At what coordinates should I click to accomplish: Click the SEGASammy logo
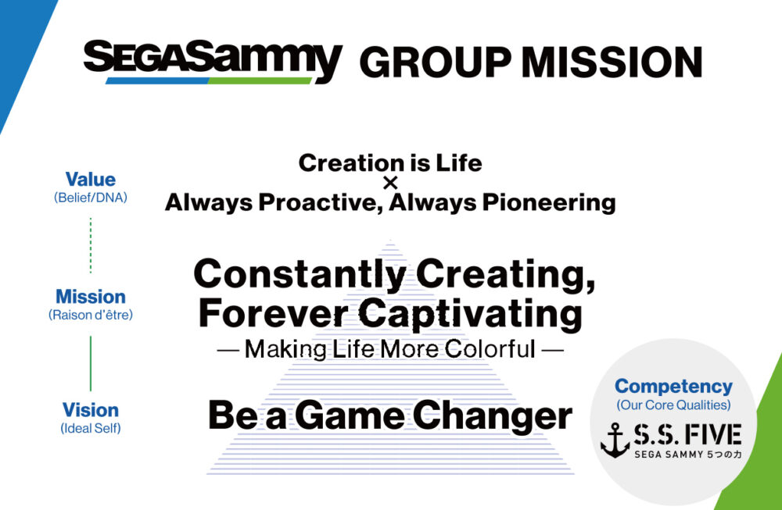point(213,62)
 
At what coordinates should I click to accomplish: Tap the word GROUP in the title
point(435,62)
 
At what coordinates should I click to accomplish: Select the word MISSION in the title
point(612,62)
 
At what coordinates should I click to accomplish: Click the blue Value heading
point(90,180)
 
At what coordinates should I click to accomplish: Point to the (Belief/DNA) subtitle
point(90,198)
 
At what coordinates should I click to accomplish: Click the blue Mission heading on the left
point(90,296)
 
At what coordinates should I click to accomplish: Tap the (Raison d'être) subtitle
point(90,315)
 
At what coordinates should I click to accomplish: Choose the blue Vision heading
point(90,410)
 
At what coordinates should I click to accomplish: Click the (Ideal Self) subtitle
point(90,428)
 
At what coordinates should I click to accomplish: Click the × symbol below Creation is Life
point(390,183)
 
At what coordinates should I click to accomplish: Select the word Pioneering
point(549,203)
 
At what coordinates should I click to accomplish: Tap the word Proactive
point(321,203)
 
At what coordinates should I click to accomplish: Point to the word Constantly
point(300,274)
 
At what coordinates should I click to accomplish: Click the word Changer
point(492,415)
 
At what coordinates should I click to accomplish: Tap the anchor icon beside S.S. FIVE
point(615,440)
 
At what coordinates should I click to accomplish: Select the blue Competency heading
point(674,387)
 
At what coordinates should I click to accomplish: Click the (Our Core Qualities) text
point(674,405)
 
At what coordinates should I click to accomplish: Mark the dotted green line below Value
point(90,245)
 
